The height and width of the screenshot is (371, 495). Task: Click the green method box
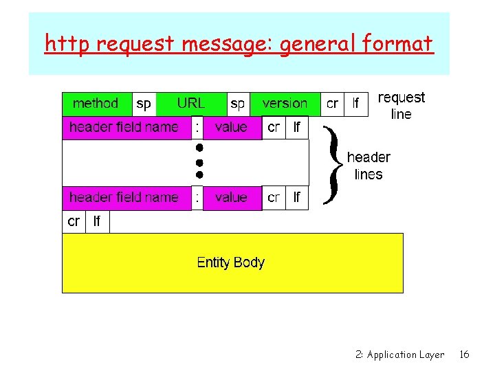point(96,104)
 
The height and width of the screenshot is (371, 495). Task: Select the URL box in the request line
point(190,104)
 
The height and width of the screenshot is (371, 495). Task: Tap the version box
point(285,104)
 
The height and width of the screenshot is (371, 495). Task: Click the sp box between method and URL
point(144,104)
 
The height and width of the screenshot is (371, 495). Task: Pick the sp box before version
point(238,104)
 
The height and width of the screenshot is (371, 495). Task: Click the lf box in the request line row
point(355,104)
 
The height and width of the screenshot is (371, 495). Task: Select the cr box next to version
point(332,104)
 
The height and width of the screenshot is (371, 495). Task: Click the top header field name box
point(124,128)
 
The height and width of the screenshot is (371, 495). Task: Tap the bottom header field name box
point(124,198)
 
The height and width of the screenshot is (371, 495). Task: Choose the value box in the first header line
point(231,128)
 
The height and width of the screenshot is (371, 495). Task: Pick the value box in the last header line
point(231,198)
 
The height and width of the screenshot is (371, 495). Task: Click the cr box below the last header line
point(74,222)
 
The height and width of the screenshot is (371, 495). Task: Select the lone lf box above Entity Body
point(97,222)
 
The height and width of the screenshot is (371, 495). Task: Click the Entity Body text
point(230,262)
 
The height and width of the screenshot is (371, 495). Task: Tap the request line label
point(401,106)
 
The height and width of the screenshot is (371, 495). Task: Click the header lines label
point(368,166)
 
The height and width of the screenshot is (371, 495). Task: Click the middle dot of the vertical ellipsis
point(198,162)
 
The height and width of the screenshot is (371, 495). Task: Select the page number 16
point(465,355)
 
